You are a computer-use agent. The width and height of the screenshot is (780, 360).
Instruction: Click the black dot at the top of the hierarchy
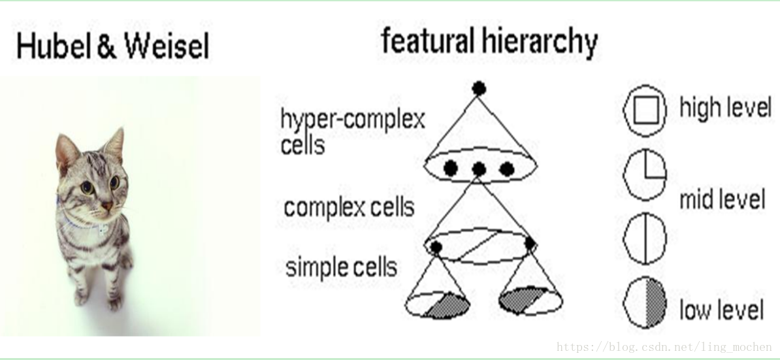coord(479,88)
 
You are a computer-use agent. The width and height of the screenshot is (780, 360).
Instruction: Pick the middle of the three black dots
coord(479,169)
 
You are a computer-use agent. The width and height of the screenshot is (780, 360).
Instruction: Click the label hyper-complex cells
coord(352,131)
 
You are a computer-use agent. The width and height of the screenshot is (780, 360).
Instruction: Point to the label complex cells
coord(349,208)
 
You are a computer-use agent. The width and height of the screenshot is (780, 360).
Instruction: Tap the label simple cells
coord(341,267)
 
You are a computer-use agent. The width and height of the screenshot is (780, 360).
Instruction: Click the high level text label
coord(725,107)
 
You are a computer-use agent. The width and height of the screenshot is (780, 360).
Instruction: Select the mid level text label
coord(721,199)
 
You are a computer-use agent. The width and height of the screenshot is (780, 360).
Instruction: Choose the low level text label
coord(721,309)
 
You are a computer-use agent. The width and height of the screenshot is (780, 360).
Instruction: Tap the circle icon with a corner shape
coord(645,175)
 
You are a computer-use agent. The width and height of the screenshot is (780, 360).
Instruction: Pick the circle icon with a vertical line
coord(645,238)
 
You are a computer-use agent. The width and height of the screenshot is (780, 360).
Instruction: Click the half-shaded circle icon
coord(645,304)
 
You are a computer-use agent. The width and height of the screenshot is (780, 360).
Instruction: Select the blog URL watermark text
coord(663,347)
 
